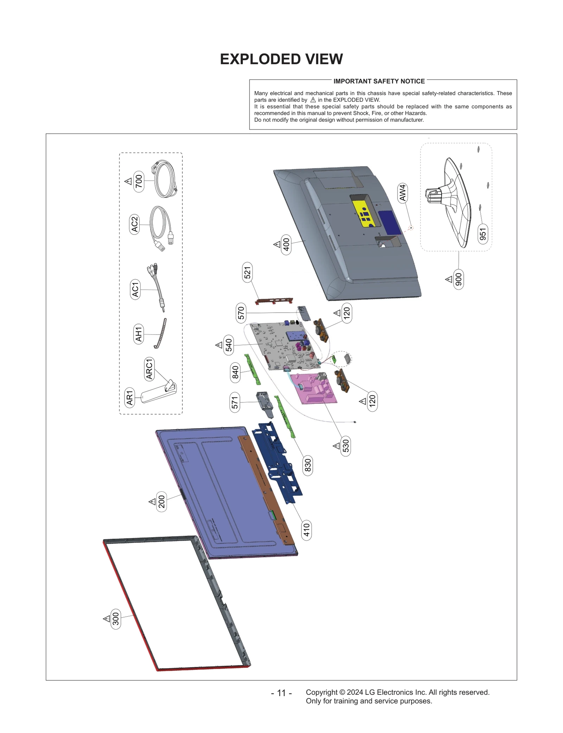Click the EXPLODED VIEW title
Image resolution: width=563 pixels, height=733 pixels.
click(x=281, y=59)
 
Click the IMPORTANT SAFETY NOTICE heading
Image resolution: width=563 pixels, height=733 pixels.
click(x=379, y=81)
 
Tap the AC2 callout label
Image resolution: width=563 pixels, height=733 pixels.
click(x=134, y=224)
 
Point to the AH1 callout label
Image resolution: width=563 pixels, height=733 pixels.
click(x=139, y=334)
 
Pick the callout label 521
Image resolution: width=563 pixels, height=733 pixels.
click(x=247, y=273)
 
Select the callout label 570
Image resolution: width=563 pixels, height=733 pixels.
click(x=241, y=313)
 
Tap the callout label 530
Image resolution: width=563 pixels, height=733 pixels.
click(x=346, y=446)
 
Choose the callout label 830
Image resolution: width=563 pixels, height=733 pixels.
click(x=308, y=465)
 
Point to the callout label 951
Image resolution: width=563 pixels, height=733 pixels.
click(x=483, y=234)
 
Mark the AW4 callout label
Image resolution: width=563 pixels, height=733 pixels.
click(x=403, y=192)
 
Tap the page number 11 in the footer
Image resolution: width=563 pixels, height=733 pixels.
click(x=281, y=693)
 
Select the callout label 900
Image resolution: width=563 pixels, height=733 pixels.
click(x=458, y=280)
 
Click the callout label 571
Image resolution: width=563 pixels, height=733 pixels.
click(x=235, y=402)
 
